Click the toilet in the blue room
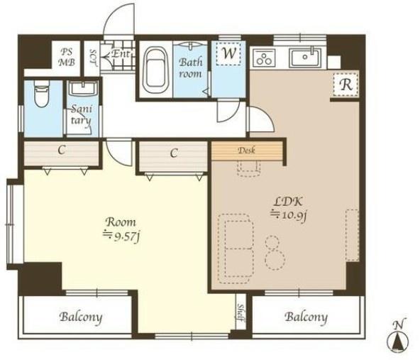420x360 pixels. [x=42, y=94]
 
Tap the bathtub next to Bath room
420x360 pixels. [x=155, y=70]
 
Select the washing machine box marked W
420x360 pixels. [x=228, y=53]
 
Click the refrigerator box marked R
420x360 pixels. [x=346, y=84]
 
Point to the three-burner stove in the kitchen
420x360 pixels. [x=265, y=58]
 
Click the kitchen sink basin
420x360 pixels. [x=305, y=58]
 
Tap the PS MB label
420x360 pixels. [x=67, y=57]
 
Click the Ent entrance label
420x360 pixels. [x=121, y=54]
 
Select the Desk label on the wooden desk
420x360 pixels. [x=246, y=151]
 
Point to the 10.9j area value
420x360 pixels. [x=289, y=214]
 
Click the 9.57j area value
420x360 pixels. [x=121, y=236]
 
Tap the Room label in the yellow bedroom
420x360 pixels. [x=121, y=222]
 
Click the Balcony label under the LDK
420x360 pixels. [x=306, y=317]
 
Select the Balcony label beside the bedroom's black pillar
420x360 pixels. [x=81, y=317]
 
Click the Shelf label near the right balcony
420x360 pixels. [x=241, y=312]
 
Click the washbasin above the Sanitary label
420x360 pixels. [x=82, y=89]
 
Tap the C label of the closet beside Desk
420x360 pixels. [x=174, y=153]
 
